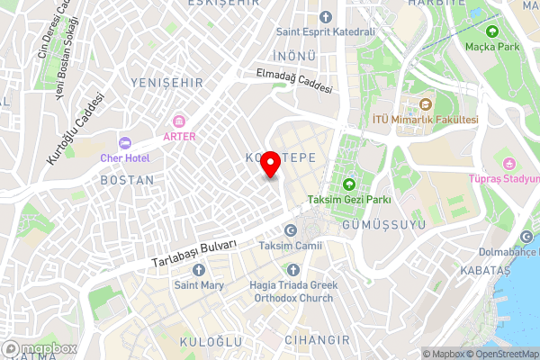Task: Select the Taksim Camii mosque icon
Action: (291, 230)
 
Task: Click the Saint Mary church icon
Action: (199, 270)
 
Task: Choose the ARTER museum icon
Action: (179, 121)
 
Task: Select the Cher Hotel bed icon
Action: (125, 143)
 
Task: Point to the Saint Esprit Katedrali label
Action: (325, 32)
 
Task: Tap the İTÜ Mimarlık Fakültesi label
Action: (425, 120)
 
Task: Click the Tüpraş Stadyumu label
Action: (504, 178)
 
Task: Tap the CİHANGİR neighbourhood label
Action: (316, 340)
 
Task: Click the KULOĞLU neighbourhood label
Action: (211, 342)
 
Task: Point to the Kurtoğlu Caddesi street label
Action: (69, 130)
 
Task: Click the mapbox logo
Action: (40, 348)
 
